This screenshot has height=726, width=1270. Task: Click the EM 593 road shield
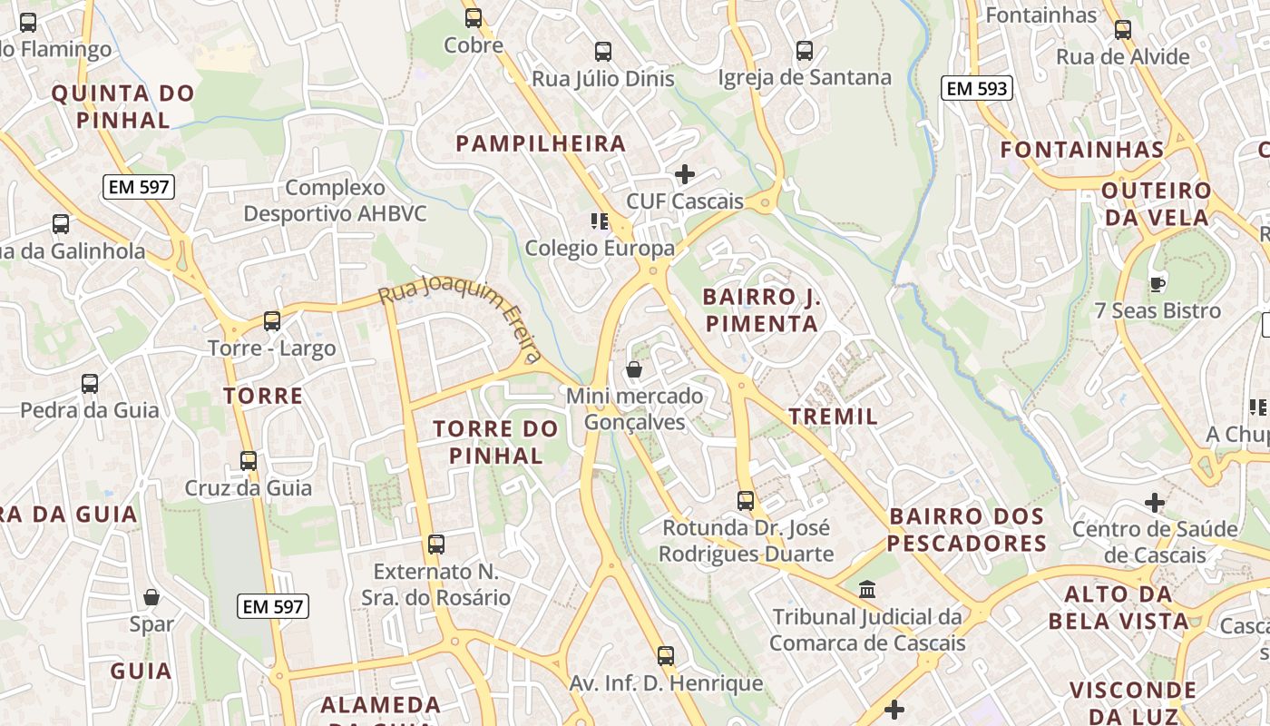[x=977, y=88]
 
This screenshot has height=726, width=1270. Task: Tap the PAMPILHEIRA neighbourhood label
[x=541, y=143]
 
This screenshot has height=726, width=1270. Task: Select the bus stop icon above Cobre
[x=473, y=18]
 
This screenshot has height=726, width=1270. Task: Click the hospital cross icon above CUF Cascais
[x=685, y=173]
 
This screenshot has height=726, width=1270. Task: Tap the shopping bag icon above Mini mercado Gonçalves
[x=634, y=369]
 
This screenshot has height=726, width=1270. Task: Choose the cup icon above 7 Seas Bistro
[x=1157, y=284]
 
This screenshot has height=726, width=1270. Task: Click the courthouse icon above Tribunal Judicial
[x=867, y=590]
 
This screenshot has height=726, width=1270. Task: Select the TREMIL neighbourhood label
[x=833, y=417]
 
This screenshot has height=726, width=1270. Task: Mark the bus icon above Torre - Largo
[x=271, y=320]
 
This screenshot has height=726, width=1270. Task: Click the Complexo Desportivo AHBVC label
[x=335, y=201]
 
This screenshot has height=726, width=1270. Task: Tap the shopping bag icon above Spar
[x=151, y=597]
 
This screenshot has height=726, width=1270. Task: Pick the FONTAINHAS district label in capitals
[x=1081, y=150]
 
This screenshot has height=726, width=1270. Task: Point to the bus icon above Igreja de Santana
[x=804, y=51]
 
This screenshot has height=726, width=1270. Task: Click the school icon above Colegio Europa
[x=599, y=221]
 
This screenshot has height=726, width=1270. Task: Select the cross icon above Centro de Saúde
[x=1154, y=502]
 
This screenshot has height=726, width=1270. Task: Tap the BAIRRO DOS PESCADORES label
[x=966, y=530]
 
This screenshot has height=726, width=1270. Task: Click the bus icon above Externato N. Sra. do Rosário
[x=435, y=544]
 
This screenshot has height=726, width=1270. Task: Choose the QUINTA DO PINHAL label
[x=122, y=106]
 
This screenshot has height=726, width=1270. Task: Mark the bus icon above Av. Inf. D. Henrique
[x=665, y=655]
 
